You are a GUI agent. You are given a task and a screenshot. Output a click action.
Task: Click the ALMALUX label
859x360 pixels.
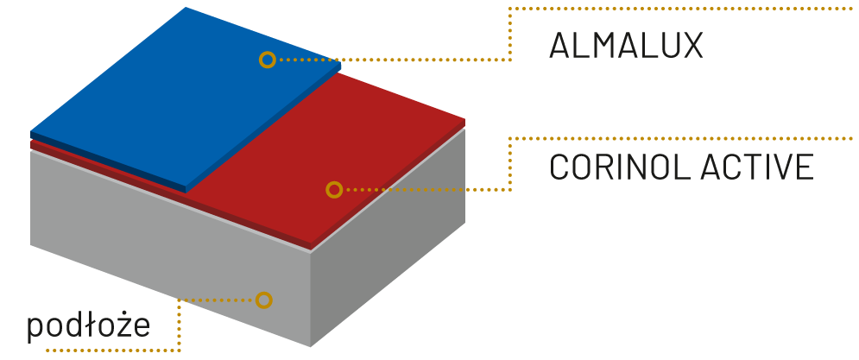[x=626, y=47]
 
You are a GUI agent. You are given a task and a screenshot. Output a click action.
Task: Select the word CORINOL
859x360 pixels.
[x=602, y=167]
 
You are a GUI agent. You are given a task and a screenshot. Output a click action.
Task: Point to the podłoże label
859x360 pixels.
[x=89, y=326]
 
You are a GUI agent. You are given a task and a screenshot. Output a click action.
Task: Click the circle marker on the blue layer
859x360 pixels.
[x=268, y=60]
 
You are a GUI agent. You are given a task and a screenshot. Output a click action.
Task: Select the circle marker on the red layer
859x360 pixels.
[x=334, y=190]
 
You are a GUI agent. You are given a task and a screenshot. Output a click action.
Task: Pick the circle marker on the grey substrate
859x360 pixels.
[x=264, y=300]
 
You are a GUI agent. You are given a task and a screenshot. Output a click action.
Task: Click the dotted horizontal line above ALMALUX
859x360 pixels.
[x=682, y=9]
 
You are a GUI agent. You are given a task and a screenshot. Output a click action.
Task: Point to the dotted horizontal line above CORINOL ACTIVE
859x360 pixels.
[x=682, y=138]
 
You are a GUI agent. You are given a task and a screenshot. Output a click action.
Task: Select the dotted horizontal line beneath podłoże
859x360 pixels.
[x=112, y=351]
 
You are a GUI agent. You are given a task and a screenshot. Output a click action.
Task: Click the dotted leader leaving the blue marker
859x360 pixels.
[x=388, y=60]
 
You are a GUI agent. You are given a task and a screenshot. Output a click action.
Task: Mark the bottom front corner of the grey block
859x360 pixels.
[x=311, y=346]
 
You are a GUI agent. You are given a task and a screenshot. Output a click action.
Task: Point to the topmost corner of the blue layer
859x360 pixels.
[x=186, y=8]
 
